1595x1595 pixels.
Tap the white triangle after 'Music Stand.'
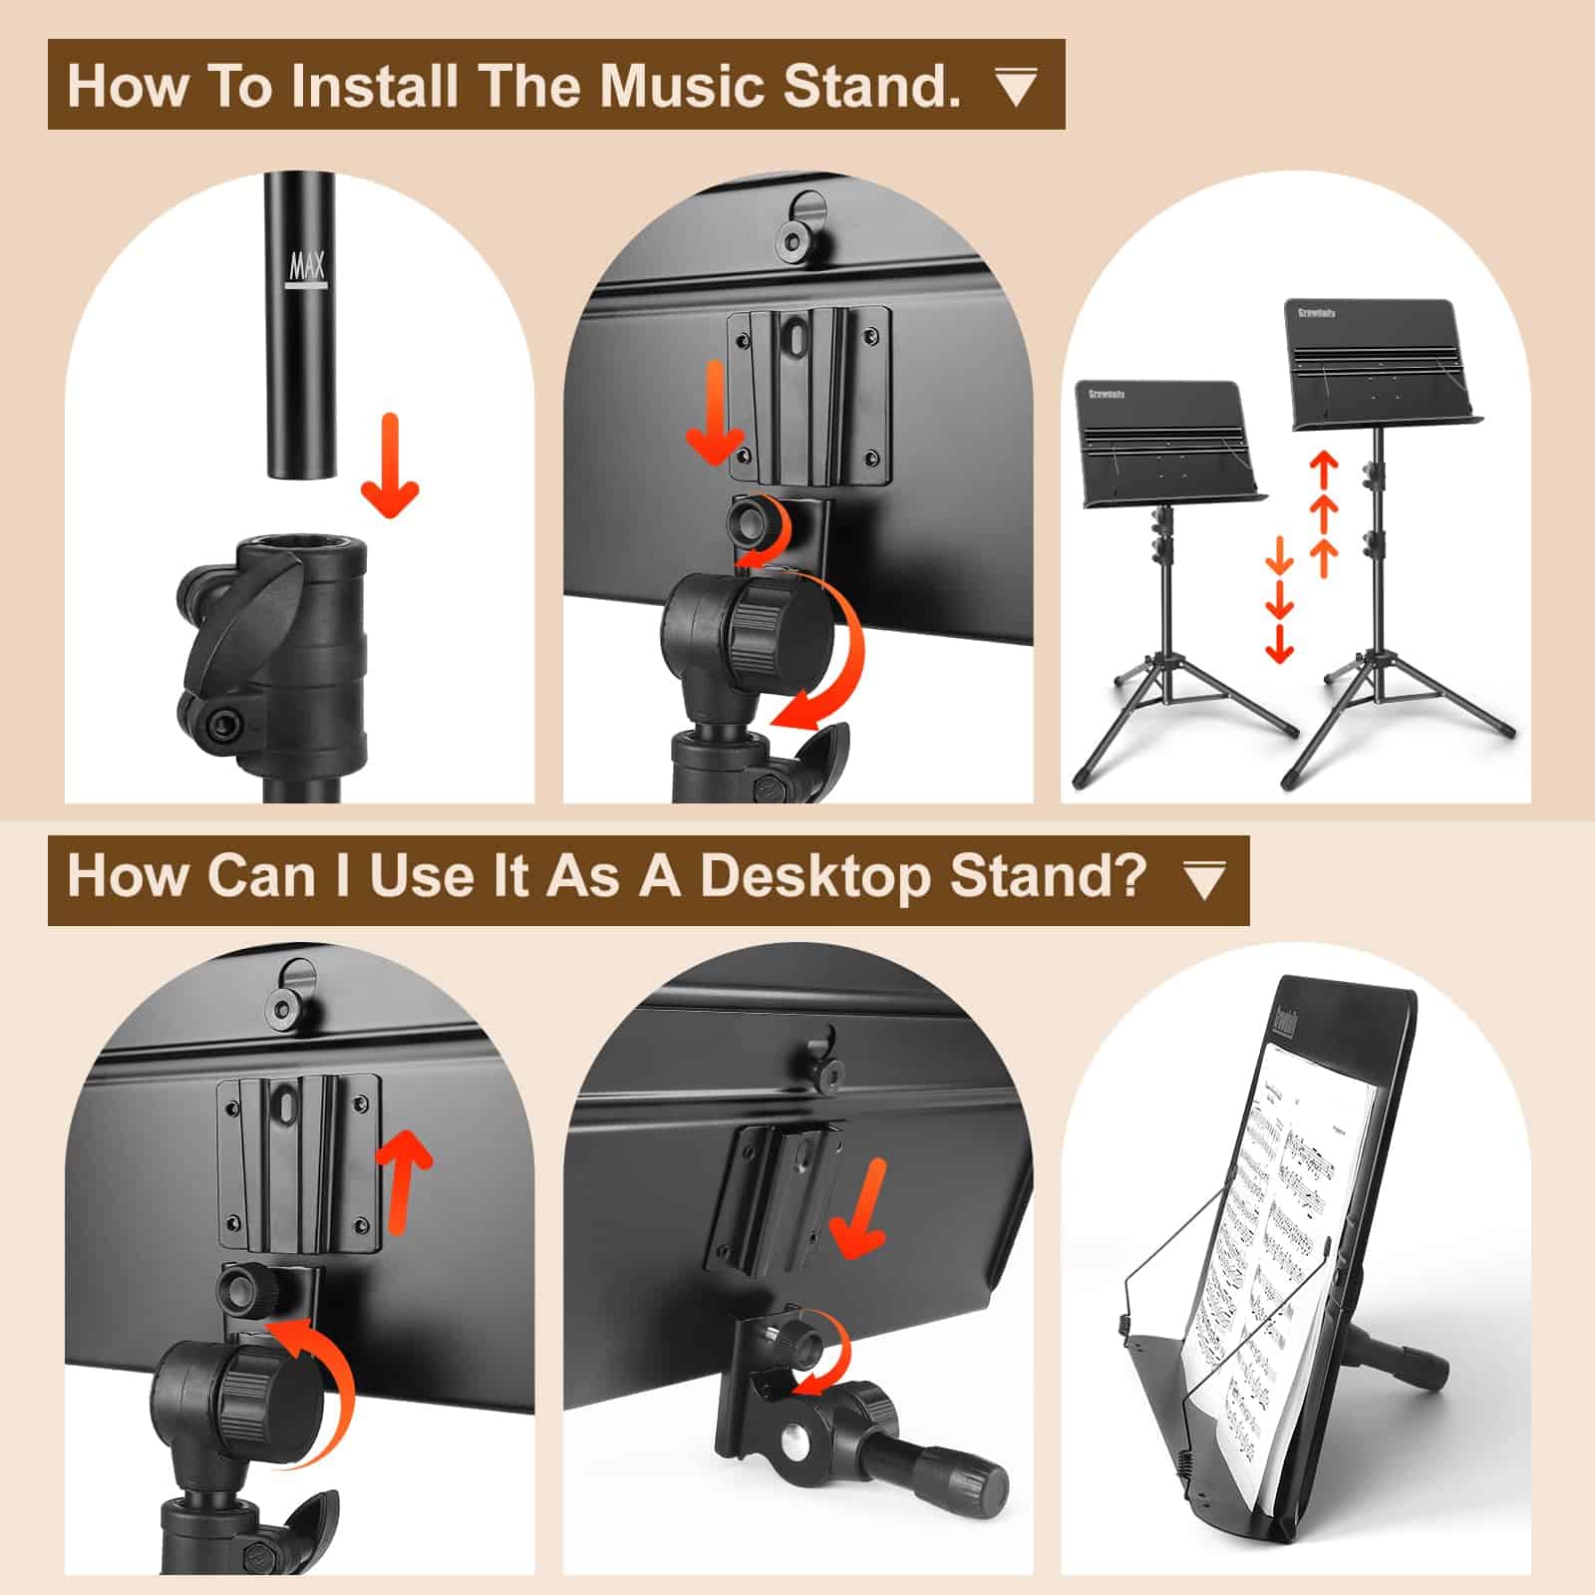tap(1016, 88)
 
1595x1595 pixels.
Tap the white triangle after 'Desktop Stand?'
tap(1203, 880)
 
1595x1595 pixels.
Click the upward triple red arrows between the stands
tap(1324, 513)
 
